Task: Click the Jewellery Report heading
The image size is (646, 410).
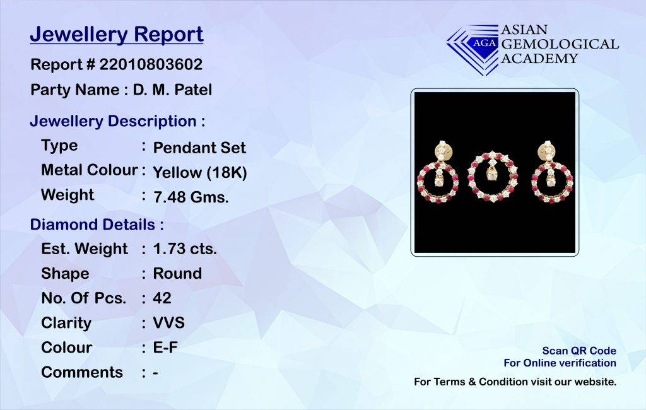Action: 117,35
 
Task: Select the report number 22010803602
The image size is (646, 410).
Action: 151,64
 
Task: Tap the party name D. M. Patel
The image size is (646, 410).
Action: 172,90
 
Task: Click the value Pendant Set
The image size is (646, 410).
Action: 199,148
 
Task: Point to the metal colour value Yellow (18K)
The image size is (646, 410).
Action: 200,172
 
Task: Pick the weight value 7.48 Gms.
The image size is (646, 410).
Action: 191,197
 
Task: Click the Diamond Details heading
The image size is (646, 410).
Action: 97,225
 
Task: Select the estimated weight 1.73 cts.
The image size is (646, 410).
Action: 185,249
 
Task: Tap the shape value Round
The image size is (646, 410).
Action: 177,274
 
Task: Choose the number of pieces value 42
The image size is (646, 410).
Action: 162,298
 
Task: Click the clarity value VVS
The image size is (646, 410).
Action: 168,323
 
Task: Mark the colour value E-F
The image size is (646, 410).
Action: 165,348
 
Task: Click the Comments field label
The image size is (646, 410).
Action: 82,372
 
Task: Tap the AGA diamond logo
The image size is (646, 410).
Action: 473,49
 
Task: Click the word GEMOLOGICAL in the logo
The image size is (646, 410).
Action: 560,44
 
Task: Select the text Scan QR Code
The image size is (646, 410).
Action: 579,351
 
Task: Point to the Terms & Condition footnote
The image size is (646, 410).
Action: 515,382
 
